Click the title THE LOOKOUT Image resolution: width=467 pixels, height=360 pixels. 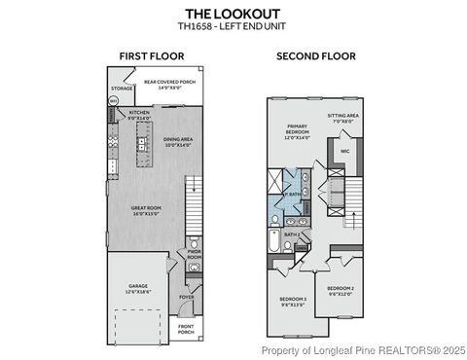(x=233, y=14)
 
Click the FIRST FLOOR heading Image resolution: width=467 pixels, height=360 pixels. (x=146, y=56)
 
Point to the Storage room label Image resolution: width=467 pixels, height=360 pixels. (x=122, y=88)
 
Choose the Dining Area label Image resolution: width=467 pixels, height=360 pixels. (x=178, y=142)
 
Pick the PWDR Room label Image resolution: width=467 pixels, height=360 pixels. (x=193, y=257)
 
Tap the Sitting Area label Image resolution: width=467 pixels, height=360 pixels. (x=342, y=117)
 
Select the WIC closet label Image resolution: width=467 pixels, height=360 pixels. (x=344, y=152)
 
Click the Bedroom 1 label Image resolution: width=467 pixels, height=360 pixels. (x=292, y=300)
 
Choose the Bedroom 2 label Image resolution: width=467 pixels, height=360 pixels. (x=341, y=289)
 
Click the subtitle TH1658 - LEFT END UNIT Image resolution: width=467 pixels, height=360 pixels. (x=233, y=26)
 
